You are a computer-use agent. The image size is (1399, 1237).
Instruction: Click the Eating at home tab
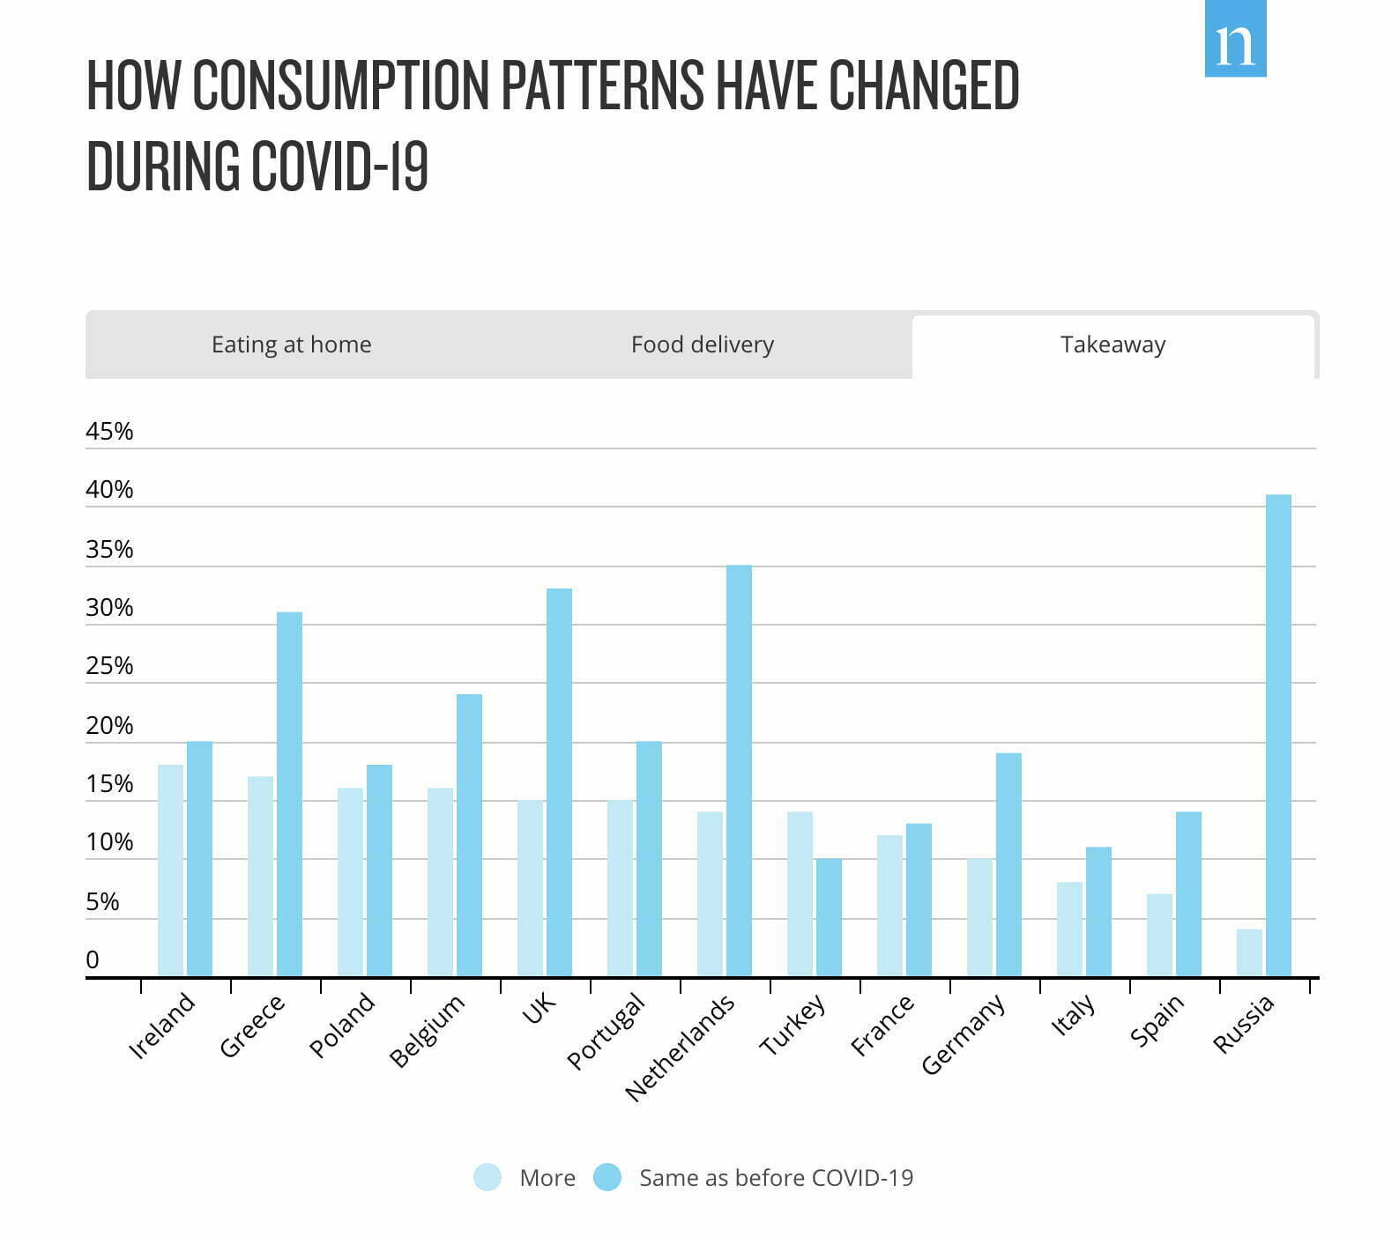tap(291, 344)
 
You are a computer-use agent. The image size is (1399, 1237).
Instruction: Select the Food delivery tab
tap(702, 344)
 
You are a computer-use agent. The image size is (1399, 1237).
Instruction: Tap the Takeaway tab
tap(1113, 344)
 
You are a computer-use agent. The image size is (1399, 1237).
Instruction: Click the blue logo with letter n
tap(1235, 40)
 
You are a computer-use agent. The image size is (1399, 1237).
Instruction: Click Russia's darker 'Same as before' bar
tap(1278, 736)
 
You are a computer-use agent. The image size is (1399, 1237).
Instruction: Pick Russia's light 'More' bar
tap(1249, 952)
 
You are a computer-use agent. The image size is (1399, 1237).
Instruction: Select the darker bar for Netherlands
tap(739, 771)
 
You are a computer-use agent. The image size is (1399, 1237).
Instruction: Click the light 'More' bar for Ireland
tap(170, 870)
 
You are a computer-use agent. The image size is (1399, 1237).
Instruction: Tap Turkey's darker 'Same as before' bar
tap(829, 917)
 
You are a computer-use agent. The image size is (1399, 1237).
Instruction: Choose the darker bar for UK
tap(559, 782)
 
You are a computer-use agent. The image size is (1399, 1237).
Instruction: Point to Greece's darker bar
tap(289, 794)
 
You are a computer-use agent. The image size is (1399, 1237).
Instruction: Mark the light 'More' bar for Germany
tap(979, 917)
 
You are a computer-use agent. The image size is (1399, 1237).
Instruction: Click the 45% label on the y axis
tap(109, 432)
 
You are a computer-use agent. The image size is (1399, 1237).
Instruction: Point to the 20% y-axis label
tap(109, 726)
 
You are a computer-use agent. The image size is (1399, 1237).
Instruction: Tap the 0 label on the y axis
tap(93, 960)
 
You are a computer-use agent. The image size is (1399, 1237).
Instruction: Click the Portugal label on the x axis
tap(606, 1031)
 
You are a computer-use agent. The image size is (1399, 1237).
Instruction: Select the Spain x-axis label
tap(1157, 1022)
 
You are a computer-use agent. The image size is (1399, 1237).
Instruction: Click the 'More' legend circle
tap(487, 1177)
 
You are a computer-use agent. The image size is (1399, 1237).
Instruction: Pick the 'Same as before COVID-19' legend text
tap(776, 1178)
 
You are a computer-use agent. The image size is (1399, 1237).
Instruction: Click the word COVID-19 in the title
tap(339, 166)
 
